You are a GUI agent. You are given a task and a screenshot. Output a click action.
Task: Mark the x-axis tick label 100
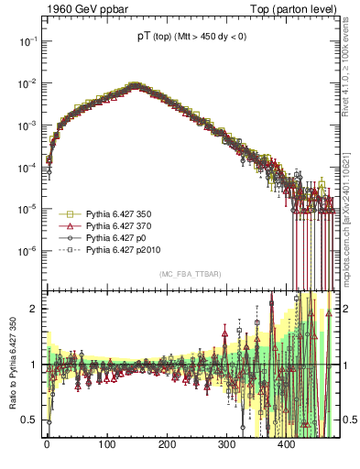[106, 444]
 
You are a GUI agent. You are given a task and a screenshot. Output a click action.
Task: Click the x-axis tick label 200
[167, 444]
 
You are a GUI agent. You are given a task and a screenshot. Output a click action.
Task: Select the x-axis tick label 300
[226, 444]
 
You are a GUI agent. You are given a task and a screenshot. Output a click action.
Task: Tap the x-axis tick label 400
[286, 444]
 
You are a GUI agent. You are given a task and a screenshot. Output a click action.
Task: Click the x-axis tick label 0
[47, 444]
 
